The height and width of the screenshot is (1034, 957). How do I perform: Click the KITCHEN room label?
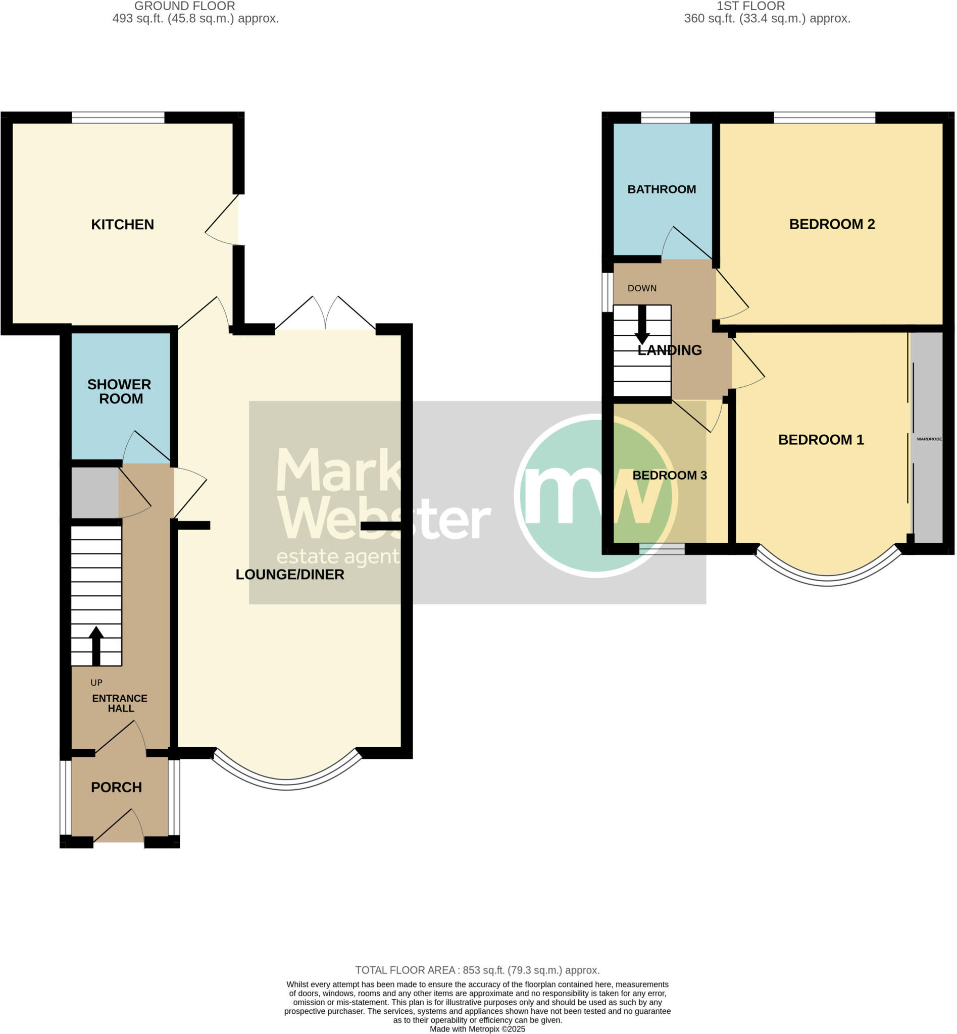122,225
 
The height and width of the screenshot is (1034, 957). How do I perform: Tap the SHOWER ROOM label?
119,391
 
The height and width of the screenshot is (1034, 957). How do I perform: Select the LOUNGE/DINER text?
289,575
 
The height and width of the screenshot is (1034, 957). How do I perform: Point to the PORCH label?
116,788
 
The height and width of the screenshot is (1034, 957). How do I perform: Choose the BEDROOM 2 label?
832,224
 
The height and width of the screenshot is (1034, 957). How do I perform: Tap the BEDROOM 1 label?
821,440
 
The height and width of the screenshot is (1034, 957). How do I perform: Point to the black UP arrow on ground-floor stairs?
96,645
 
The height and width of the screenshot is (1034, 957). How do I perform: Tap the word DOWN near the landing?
642,288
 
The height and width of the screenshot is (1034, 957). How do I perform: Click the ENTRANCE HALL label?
120,704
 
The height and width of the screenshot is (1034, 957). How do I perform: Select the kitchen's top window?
118,118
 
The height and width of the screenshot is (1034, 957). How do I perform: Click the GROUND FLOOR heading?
184,6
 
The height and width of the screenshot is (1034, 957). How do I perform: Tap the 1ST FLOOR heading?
750,6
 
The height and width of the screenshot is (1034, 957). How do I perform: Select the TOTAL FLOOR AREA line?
477,970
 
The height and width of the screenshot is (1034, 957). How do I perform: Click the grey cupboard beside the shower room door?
94,492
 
